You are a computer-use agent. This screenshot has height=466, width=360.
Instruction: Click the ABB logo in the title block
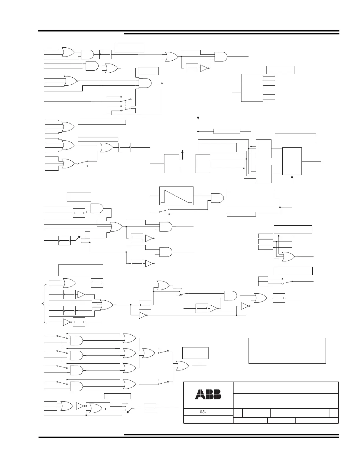click(x=208, y=395)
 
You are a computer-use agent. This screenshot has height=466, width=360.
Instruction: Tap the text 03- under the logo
click(x=203, y=412)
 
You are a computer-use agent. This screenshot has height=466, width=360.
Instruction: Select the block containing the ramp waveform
click(x=176, y=195)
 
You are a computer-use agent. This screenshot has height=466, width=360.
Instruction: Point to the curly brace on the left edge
click(x=45, y=304)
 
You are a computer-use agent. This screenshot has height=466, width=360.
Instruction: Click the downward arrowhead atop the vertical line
click(x=198, y=119)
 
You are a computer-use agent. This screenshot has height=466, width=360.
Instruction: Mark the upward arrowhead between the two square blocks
click(x=183, y=152)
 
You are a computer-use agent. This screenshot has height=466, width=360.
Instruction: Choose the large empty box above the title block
click(x=287, y=351)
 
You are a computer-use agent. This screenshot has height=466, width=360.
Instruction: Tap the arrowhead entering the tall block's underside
click(x=292, y=177)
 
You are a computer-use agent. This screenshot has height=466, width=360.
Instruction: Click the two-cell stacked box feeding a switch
click(x=263, y=281)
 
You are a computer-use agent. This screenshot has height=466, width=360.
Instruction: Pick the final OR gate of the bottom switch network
click(x=182, y=366)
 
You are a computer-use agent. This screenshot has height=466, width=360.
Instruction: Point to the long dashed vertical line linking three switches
click(x=62, y=351)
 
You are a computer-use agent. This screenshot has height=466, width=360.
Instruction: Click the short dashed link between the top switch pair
click(x=126, y=104)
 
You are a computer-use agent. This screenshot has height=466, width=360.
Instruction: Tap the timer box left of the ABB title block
click(x=150, y=408)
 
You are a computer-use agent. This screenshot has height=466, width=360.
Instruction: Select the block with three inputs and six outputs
click(x=252, y=88)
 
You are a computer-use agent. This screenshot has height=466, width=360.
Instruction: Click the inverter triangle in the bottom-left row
click(x=80, y=406)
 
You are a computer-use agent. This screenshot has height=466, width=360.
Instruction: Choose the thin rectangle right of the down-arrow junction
click(x=226, y=131)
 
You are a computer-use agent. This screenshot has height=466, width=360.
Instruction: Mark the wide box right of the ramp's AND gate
click(x=251, y=198)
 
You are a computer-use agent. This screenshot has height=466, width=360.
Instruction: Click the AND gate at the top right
click(x=221, y=56)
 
